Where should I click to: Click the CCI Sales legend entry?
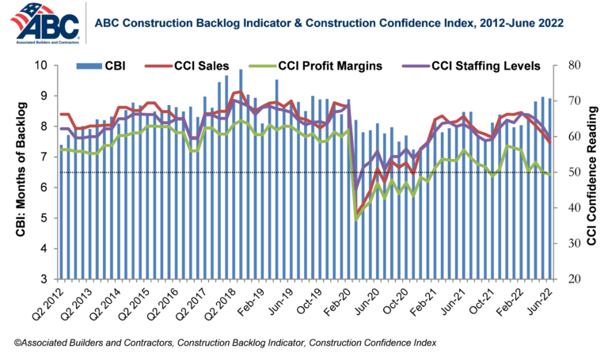[x=194, y=65]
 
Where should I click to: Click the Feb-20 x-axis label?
[x=346, y=301]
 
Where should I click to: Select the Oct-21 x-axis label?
[x=486, y=301]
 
